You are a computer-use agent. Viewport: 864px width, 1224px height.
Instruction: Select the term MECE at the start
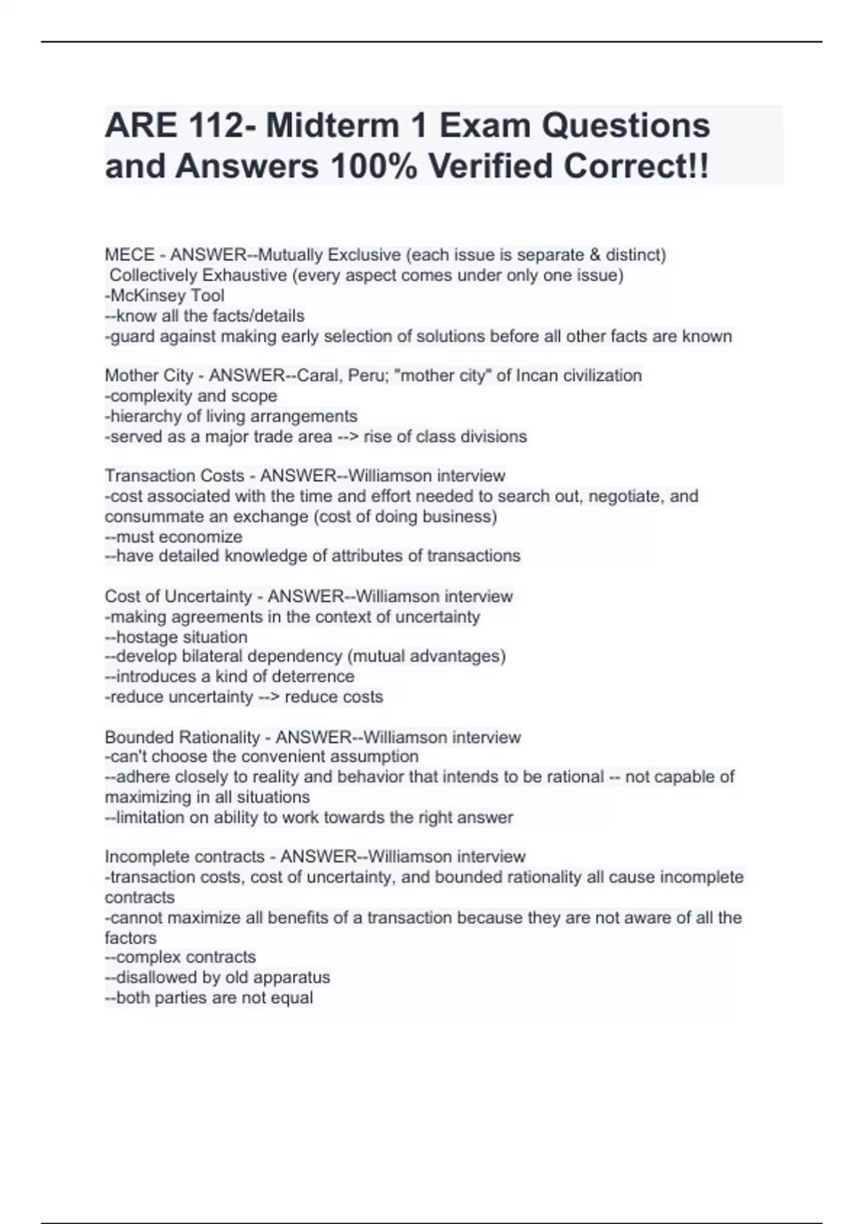coord(130,255)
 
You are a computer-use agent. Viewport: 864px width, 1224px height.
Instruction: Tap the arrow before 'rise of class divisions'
coord(348,437)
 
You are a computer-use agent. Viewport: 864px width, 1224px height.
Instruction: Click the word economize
coord(202,537)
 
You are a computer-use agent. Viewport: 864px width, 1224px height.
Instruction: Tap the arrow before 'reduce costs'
coord(269,697)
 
